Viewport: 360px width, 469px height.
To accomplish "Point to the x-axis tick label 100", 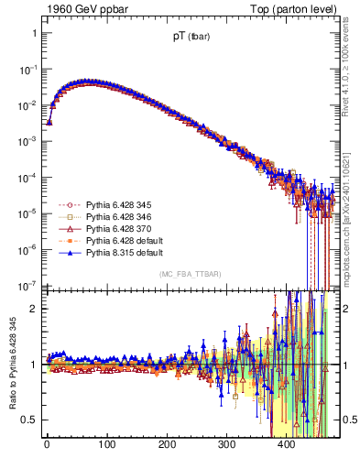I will pyautogui.click(x=106, y=446).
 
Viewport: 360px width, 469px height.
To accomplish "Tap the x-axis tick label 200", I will pyautogui.click(x=167, y=446).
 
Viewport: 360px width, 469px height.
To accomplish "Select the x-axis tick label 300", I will pyautogui.click(x=227, y=446).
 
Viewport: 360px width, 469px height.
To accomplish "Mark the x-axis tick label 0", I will pyautogui.click(x=47, y=446).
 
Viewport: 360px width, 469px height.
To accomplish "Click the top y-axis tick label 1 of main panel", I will pyautogui.click(x=35, y=33).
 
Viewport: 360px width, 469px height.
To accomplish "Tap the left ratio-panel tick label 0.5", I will pyautogui.click(x=31, y=420).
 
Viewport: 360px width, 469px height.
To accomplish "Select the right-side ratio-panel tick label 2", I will pyautogui.click(x=346, y=308).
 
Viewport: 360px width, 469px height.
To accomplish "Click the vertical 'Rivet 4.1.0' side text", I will pyautogui.click(x=346, y=55).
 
